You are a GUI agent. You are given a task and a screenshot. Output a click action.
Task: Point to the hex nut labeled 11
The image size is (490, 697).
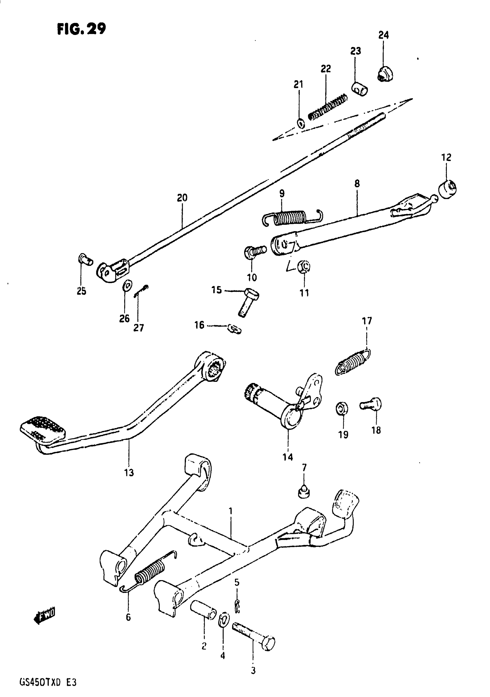[304, 267]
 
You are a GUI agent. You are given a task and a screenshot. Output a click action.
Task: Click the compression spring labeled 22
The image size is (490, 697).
[328, 107]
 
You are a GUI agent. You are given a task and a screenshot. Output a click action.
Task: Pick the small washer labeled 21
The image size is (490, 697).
[301, 123]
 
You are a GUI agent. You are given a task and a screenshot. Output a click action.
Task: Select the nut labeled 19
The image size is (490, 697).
[342, 408]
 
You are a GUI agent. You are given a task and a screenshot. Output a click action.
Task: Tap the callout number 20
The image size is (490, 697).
[182, 198]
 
